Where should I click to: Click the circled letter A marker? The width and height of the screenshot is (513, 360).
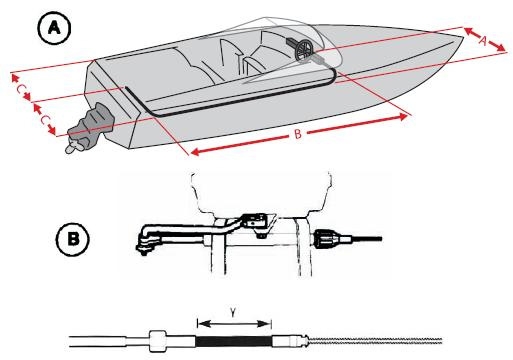pyautogui.click(x=54, y=28)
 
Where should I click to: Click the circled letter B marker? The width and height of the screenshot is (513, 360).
pyautogui.click(x=73, y=239)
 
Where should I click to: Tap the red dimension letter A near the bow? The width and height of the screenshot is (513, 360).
pyautogui.click(x=483, y=41)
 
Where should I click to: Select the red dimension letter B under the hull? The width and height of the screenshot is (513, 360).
pyautogui.click(x=298, y=134)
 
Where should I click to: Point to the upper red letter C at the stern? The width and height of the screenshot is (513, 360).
pyautogui.click(x=20, y=89)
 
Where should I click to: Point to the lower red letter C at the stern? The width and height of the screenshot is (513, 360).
pyautogui.click(x=44, y=120)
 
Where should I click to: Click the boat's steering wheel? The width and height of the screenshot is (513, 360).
pyautogui.click(x=305, y=50)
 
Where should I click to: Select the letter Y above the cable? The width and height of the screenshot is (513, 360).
pyautogui.click(x=234, y=312)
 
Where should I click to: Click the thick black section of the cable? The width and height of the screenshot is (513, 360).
pyautogui.click(x=234, y=341)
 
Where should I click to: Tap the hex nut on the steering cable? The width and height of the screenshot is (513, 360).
pyautogui.click(x=157, y=341)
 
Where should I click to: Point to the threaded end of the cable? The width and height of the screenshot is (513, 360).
pyautogui.click(x=376, y=341)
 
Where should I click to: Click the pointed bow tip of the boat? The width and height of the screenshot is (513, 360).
pyautogui.click(x=463, y=37)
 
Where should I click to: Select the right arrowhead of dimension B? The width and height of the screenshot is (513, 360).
pyautogui.click(x=402, y=117)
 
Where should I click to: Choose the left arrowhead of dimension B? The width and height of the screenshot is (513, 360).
pyautogui.click(x=195, y=152)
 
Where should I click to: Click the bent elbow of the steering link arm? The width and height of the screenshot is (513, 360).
pyautogui.click(x=146, y=232)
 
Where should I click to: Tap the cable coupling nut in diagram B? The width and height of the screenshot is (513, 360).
pyautogui.click(x=324, y=239)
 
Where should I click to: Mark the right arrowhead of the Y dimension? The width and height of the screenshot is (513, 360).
pyautogui.click(x=266, y=323)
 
